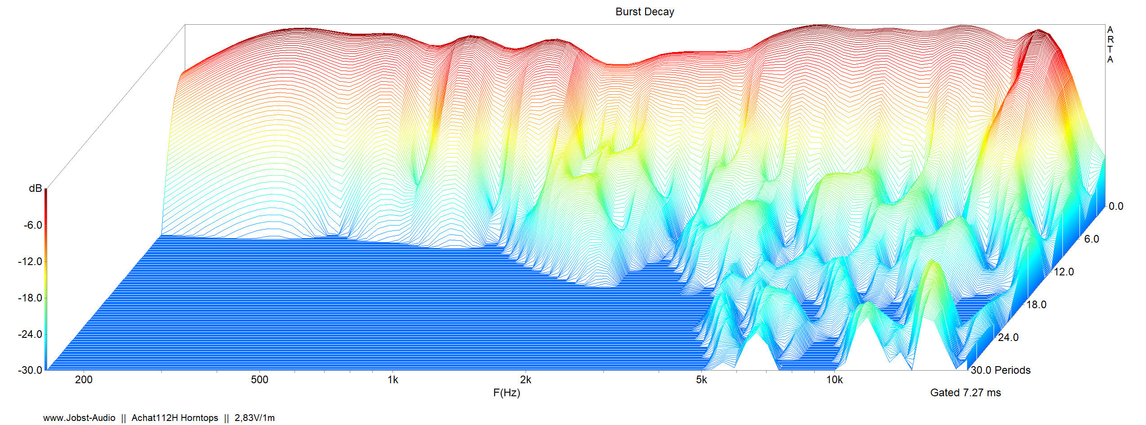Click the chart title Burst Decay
click(644, 12)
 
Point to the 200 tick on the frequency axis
click(84, 380)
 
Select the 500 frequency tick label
click(259, 380)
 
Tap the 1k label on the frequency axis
click(392, 380)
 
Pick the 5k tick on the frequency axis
click(701, 380)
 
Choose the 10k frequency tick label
click(834, 380)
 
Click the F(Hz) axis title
click(506, 393)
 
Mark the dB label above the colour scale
click(35, 189)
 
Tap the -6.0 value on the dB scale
click(32, 225)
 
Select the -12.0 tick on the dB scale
click(30, 261)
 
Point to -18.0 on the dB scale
click(30, 298)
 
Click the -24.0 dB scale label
click(30, 334)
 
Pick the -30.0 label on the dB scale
click(30, 370)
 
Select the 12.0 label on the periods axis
click(1064, 272)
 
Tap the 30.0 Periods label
click(1000, 370)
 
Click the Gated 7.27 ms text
click(965, 393)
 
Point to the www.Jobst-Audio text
click(79, 418)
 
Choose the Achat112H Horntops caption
click(174, 418)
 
